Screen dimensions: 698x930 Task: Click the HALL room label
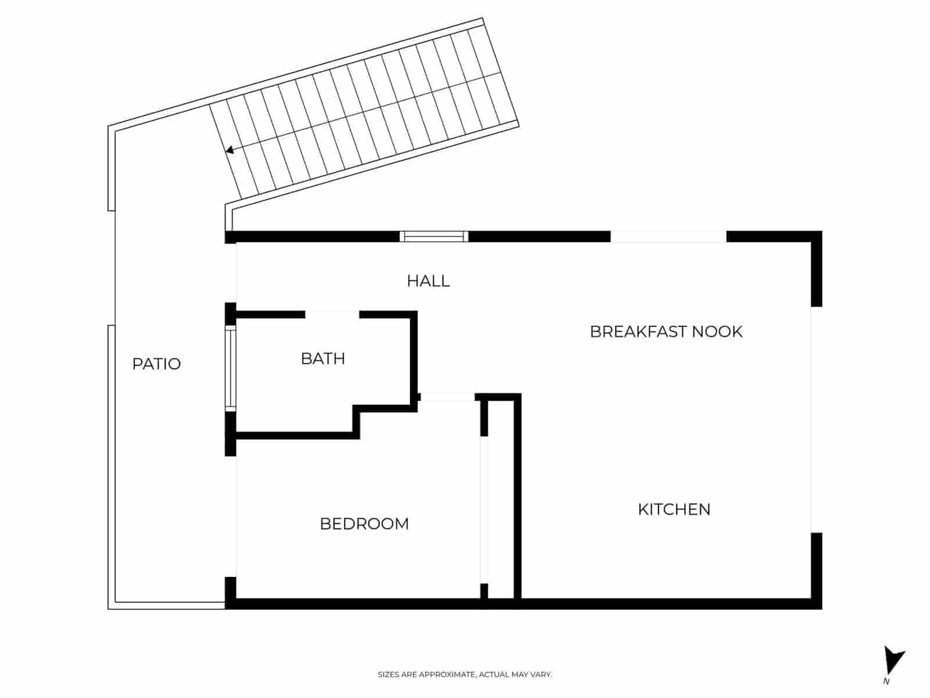[428, 281]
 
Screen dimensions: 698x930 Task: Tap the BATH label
[323, 358]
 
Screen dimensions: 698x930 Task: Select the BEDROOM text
[364, 523]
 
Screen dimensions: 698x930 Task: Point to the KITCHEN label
[674, 510]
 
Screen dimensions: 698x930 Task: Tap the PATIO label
[156, 364]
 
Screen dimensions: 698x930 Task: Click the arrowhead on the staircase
[230, 150]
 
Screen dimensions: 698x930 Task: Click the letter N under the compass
[886, 681]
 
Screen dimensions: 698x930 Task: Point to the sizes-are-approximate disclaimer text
[464, 675]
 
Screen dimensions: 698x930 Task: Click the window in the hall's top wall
[434, 236]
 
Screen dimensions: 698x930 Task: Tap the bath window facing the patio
[231, 369]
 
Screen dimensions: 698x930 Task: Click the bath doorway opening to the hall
[332, 315]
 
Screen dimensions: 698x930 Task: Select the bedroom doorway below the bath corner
[447, 397]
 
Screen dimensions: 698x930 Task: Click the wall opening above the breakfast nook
[668, 236]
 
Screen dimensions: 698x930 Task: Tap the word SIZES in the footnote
[388, 675]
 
